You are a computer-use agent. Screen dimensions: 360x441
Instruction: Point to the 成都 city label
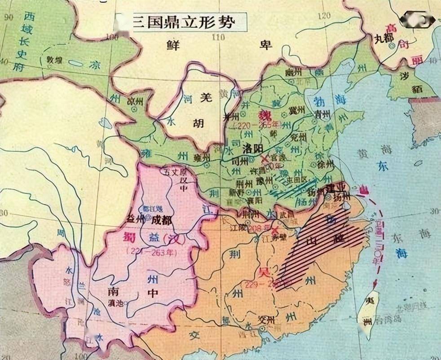pyautogui.click(x=161, y=220)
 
